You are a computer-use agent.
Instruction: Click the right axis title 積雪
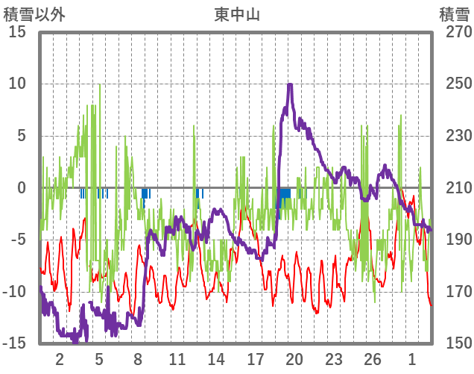[454, 13]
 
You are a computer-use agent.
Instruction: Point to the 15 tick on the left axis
[18, 32]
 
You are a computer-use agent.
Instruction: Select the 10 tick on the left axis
[18, 84]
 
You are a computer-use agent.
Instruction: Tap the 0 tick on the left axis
[22, 187]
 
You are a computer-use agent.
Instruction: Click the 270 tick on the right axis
[455, 32]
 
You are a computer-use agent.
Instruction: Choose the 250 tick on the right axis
[455, 84]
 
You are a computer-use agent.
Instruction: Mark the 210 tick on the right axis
[455, 187]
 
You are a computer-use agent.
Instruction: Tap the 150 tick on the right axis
[455, 343]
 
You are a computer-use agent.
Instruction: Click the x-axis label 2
[60, 359]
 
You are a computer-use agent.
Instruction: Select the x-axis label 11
[177, 359]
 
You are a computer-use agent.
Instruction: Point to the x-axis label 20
[294, 359]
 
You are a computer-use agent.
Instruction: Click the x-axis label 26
[372, 359]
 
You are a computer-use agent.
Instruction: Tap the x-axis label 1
[411, 359]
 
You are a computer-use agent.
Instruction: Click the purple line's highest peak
[289, 84]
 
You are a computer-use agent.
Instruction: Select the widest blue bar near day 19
[283, 193]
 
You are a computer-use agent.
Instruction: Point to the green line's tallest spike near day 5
[100, 84]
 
